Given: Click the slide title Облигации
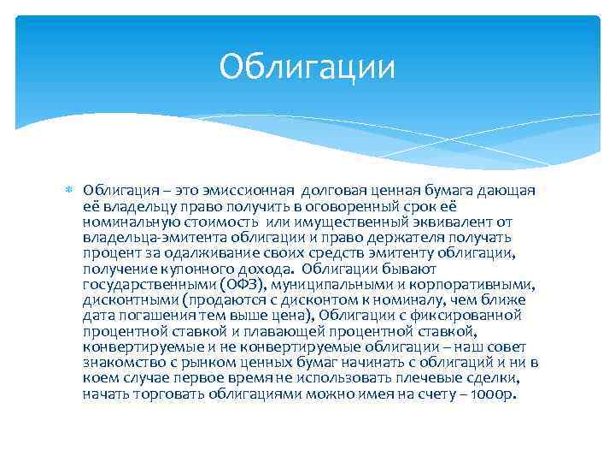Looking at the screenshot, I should point(307,67).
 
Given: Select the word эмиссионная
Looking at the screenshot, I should point(254,190).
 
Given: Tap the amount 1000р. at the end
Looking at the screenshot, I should point(495,394).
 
